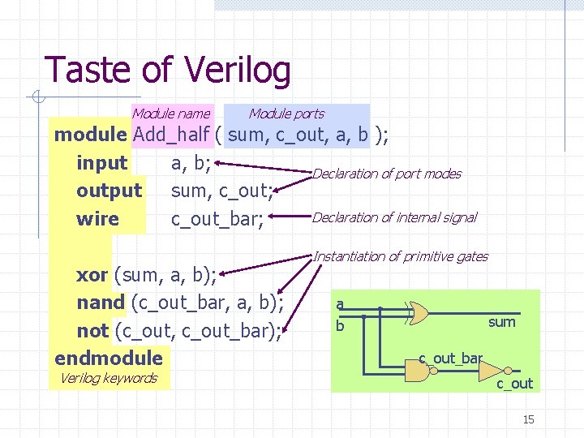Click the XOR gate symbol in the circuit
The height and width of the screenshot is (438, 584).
click(x=419, y=311)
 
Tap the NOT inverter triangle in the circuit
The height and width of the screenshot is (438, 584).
click(x=490, y=371)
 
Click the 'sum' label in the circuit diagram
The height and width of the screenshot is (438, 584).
click(x=501, y=322)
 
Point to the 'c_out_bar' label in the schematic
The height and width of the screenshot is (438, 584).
click(x=450, y=358)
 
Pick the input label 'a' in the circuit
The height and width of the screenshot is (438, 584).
click(x=340, y=304)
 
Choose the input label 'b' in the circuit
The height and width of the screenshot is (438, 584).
click(x=340, y=325)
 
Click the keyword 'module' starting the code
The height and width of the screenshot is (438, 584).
click(x=89, y=134)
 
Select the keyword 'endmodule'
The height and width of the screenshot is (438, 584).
click(x=108, y=358)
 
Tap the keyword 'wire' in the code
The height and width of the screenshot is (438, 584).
click(x=97, y=219)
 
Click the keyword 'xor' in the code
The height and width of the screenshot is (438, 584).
click(x=92, y=275)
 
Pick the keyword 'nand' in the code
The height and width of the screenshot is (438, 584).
click(x=100, y=303)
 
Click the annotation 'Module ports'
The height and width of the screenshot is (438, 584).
click(x=286, y=114)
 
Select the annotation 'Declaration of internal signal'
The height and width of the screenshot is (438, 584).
click(x=394, y=217)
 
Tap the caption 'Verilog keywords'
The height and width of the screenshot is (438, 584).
click(x=108, y=378)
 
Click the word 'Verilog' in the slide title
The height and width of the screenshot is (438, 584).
click(x=237, y=71)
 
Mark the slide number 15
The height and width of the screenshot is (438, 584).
click(x=528, y=419)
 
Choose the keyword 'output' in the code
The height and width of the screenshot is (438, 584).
click(x=109, y=191)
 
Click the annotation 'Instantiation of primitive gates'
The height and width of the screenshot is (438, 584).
click(x=401, y=256)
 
